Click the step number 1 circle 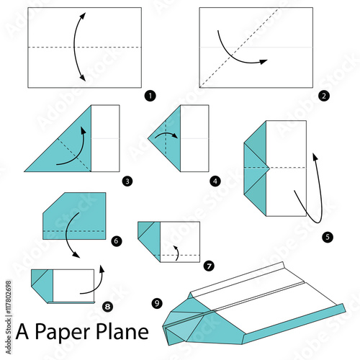coord(150,96)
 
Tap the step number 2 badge coord(324,96)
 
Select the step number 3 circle coord(127,181)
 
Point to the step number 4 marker coord(215,181)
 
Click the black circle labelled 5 coord(328,237)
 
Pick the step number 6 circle coord(117,240)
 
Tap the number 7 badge coord(209,266)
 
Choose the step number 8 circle coord(107,307)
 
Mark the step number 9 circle coord(157,303)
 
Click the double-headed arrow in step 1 coord(74,47)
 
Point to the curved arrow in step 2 coord(233,57)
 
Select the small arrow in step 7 coord(178,253)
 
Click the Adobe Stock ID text coord(9,317)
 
